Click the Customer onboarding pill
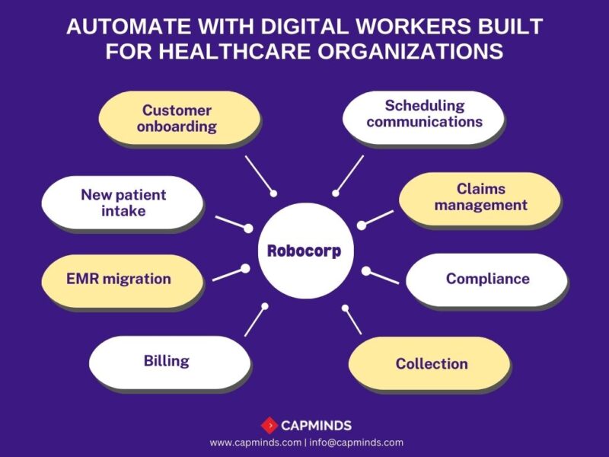pyautogui.click(x=177, y=119)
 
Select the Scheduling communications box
pyautogui.click(x=424, y=113)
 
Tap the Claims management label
pyautogui.click(x=480, y=197)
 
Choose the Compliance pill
pyautogui.click(x=487, y=279)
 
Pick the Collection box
pyautogui.click(x=431, y=363)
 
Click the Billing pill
pyautogui.click(x=167, y=361)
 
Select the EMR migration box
pyautogui.click(x=118, y=279)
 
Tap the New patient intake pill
pyautogui.click(x=123, y=202)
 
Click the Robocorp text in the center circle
pyautogui.click(x=304, y=251)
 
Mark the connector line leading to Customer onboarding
pyautogui.click(x=258, y=174)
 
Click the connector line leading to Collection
pyautogui.click(x=353, y=321)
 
